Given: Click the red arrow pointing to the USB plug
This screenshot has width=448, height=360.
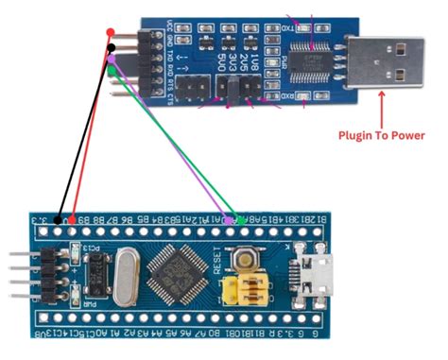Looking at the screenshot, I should pos(382,104).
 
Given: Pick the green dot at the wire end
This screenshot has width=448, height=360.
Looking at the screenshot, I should pos(112,68).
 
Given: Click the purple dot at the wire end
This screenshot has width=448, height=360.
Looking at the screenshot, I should pos(112,59).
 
